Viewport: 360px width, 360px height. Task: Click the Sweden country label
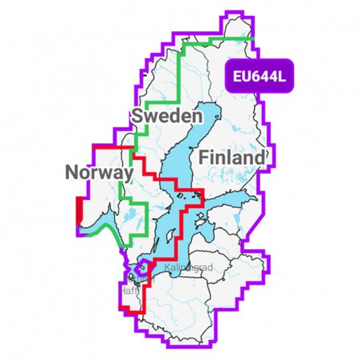coord(166,117)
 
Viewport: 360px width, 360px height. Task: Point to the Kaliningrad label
coord(184,267)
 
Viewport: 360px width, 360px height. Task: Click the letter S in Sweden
coord(139,117)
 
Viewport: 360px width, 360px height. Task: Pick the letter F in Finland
coord(204,157)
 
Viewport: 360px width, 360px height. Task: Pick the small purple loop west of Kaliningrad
coord(142,266)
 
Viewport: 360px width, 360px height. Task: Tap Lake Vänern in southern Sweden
coord(123,211)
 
